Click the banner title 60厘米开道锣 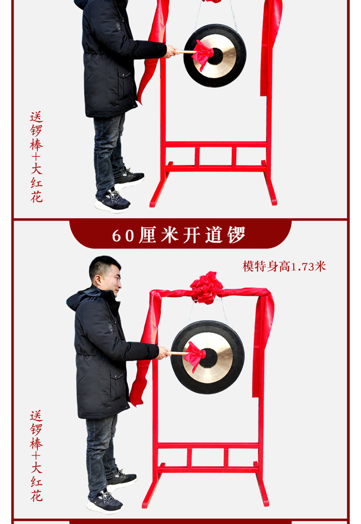[x=179, y=235]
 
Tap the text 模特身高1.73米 [x=284, y=267]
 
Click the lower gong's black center [x=208, y=358]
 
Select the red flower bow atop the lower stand [x=206, y=287]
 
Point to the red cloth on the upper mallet [x=202, y=54]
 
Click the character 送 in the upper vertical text [x=37, y=117]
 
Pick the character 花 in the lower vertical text [x=37, y=495]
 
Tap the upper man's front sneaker [x=112, y=202]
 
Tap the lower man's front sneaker [x=105, y=502]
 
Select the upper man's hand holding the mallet [x=171, y=51]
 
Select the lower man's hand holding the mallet [x=164, y=353]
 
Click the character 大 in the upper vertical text [x=37, y=168]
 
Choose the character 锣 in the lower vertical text [x=37, y=430]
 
